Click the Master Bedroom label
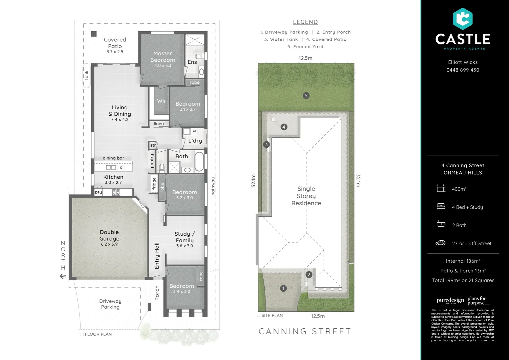(x=163, y=57)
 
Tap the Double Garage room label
(x=109, y=235)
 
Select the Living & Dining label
(x=120, y=111)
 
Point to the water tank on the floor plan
(x=87, y=75)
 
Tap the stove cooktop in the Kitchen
(x=116, y=192)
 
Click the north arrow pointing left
(x=63, y=276)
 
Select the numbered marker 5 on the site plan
(x=306, y=96)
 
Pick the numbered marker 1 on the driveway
(x=283, y=288)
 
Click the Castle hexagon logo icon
(x=463, y=19)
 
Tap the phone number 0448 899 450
(x=463, y=70)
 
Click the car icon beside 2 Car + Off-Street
(x=440, y=243)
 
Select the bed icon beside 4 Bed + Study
(x=441, y=207)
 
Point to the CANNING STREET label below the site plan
(x=305, y=331)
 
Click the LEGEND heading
(x=305, y=22)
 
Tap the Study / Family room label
(x=185, y=237)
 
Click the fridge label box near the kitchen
(x=154, y=184)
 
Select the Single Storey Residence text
(x=306, y=196)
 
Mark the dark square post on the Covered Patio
(x=94, y=34)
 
